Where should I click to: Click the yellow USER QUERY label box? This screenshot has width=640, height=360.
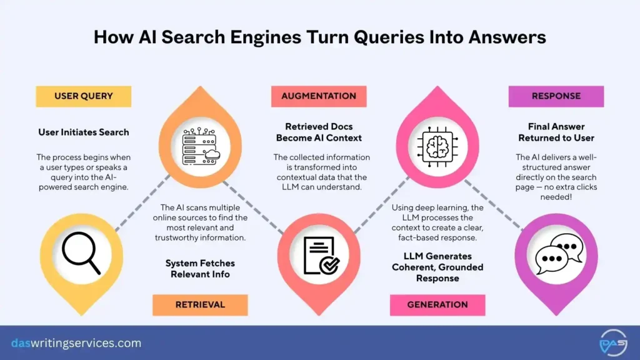83,96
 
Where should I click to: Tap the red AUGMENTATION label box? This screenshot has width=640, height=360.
319,96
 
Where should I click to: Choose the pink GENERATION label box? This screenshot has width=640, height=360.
437,304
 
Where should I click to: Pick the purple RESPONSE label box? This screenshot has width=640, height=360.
556,96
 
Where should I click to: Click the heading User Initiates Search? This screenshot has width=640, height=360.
83,132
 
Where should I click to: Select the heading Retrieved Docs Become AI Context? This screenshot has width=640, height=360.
319,132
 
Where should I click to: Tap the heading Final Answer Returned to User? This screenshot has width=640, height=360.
556,132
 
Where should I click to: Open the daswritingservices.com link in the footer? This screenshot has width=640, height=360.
76,343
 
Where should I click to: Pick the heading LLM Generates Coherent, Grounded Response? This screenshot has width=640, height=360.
437,267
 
